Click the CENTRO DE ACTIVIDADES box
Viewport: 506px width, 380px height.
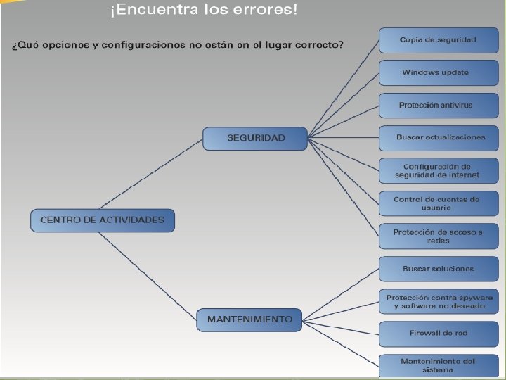(x=102, y=220)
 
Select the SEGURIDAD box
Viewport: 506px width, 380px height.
(x=255, y=138)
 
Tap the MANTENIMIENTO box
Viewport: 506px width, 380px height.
(x=249, y=319)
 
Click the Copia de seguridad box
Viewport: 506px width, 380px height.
(x=438, y=40)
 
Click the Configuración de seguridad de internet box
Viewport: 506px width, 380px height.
(x=438, y=170)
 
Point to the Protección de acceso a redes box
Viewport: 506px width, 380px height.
(x=438, y=236)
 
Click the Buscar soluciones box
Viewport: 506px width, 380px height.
(x=438, y=268)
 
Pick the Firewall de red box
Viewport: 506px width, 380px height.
(x=438, y=334)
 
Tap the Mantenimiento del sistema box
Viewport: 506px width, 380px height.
(x=438, y=366)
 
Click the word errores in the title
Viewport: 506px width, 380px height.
(x=267, y=11)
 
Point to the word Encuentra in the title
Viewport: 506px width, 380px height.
(x=149, y=11)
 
